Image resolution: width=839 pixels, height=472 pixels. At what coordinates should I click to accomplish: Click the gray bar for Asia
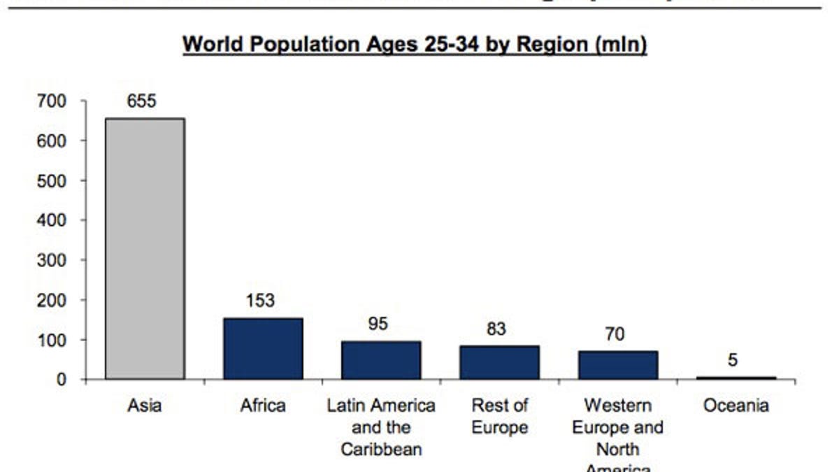(x=145, y=248)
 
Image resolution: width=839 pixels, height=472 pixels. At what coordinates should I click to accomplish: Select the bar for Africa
(x=263, y=348)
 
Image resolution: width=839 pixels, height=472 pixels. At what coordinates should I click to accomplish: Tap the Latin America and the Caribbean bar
(x=381, y=360)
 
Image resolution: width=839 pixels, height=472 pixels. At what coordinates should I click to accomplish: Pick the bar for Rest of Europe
(x=499, y=362)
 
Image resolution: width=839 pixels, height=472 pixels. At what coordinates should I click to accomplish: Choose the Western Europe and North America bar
(x=617, y=365)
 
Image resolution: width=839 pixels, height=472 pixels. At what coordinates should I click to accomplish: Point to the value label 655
(x=141, y=101)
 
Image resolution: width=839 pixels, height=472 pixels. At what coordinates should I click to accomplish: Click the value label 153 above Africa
(x=260, y=301)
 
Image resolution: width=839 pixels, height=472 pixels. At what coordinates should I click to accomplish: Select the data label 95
(x=378, y=324)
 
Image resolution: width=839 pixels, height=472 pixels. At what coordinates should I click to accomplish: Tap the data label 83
(x=496, y=328)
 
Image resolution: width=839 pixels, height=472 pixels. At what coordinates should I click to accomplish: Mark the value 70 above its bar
(x=615, y=334)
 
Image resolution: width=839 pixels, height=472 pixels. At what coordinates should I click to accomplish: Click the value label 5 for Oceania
(x=732, y=361)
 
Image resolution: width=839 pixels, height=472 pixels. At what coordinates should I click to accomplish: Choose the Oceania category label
(x=736, y=406)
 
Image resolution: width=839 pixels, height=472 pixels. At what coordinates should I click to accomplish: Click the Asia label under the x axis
(x=145, y=406)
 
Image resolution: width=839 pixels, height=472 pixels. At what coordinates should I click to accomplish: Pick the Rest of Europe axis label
(x=499, y=416)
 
